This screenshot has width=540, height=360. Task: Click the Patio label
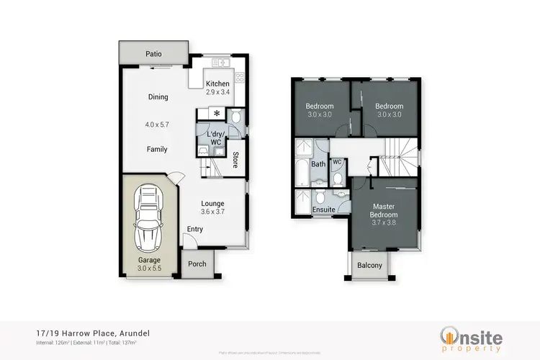pyautogui.click(x=153, y=53)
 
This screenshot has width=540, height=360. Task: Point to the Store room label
pyautogui.click(x=235, y=159)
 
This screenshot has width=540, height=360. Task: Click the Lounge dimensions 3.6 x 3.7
pyautogui.click(x=212, y=212)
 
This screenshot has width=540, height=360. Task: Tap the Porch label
pyautogui.click(x=197, y=264)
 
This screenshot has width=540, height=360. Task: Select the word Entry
pyautogui.click(x=194, y=230)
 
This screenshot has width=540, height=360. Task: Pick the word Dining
pyautogui.click(x=158, y=97)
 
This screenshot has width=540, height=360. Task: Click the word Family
pyautogui.click(x=157, y=150)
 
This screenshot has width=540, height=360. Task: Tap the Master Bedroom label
pyautogui.click(x=382, y=214)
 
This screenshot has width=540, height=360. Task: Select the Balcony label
pyautogui.click(x=370, y=266)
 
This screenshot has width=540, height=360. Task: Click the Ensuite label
pyautogui.click(x=323, y=210)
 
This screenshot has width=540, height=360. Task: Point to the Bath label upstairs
pyautogui.click(x=318, y=164)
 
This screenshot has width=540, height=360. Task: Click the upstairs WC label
pyautogui.click(x=336, y=162)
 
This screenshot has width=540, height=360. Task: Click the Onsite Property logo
pyautogui.click(x=471, y=338)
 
